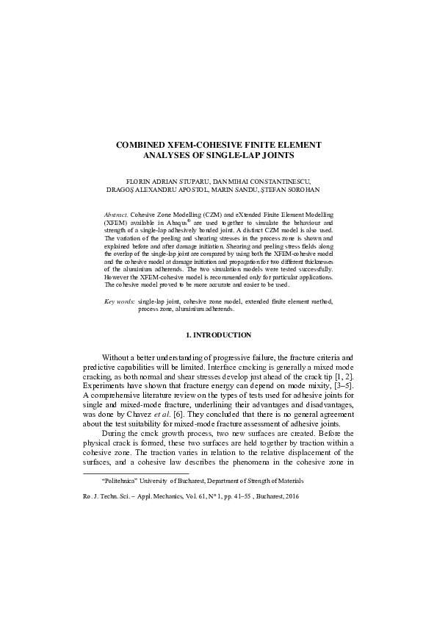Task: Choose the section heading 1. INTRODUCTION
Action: pos(219,355)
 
